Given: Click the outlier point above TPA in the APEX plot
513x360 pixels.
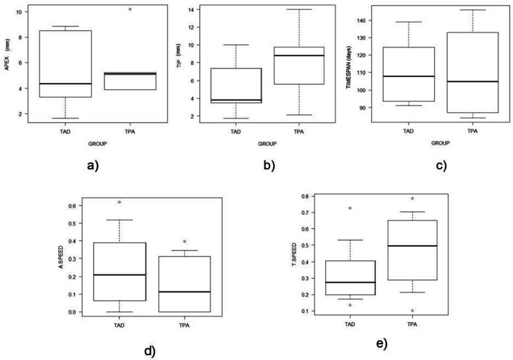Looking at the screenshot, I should (x=131, y=9).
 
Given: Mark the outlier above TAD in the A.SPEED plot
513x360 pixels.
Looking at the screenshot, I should (x=119, y=202).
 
